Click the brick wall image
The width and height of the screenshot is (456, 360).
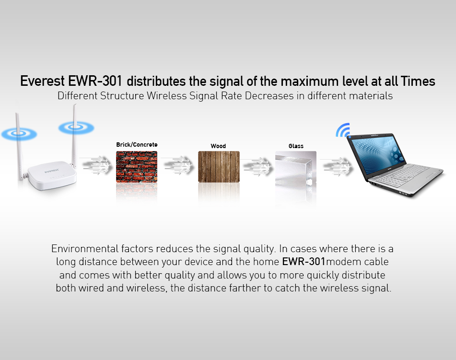(137, 167)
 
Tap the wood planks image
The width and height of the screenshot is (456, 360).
(219, 167)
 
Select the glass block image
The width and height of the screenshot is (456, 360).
(296, 167)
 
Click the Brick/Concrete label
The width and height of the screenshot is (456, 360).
(137, 144)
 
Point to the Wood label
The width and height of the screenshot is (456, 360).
(218, 146)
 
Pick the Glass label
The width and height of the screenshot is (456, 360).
(296, 146)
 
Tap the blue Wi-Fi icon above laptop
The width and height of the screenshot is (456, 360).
(343, 130)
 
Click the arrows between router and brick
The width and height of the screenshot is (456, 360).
(96, 166)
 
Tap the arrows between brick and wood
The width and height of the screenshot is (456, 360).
(177, 166)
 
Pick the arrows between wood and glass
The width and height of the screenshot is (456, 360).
(257, 167)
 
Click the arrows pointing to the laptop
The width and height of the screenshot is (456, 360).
(337, 167)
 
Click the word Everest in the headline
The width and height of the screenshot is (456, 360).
(43, 81)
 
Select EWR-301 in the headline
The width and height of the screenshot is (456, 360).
(95, 81)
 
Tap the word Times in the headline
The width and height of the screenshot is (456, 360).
(418, 81)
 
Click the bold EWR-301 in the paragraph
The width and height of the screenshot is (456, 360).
(304, 262)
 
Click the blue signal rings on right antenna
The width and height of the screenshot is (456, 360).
(76, 128)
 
